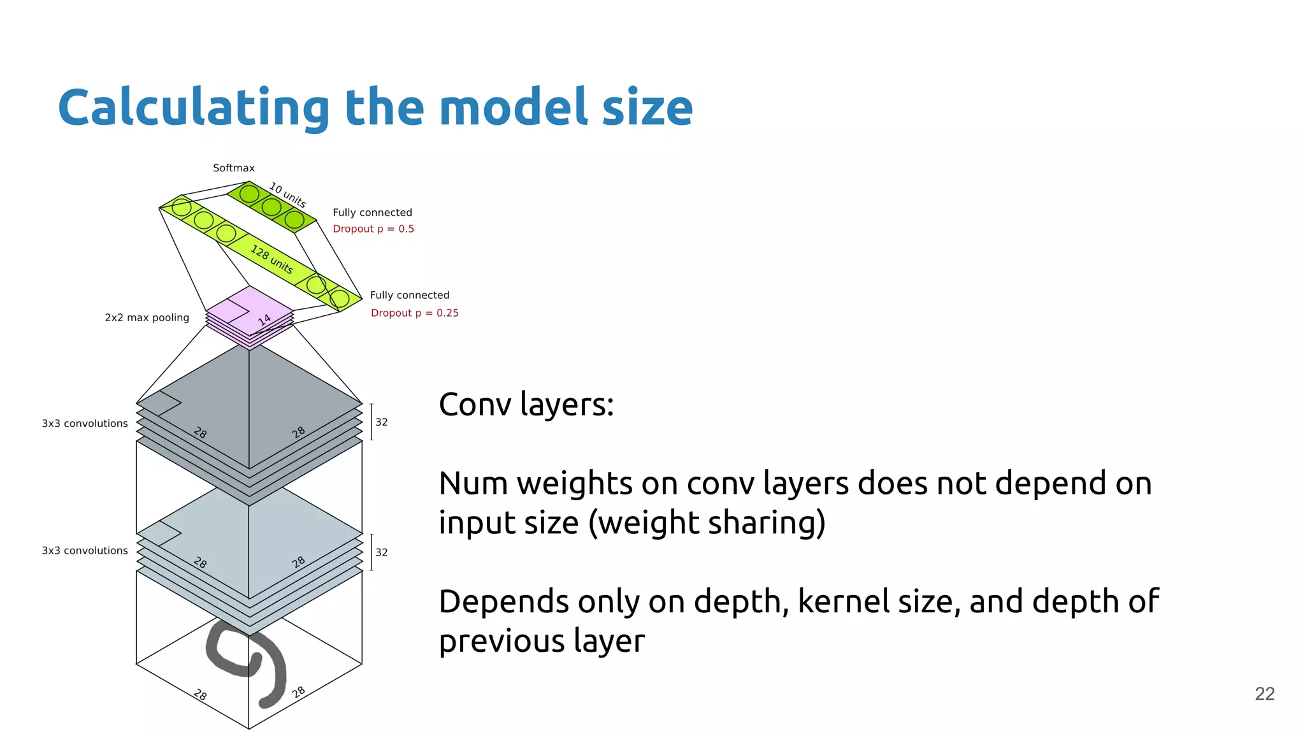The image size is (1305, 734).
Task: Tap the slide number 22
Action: pyautogui.click(x=1264, y=694)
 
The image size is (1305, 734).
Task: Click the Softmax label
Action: pyautogui.click(x=233, y=168)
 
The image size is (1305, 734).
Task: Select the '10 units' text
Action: pyautogui.click(x=287, y=195)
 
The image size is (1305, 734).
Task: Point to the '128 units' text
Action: pyautogui.click(x=272, y=259)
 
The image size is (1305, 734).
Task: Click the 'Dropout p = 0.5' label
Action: pyautogui.click(x=373, y=229)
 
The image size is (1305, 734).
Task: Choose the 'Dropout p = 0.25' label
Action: pyautogui.click(x=414, y=313)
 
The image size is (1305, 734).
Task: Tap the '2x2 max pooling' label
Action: pyautogui.click(x=147, y=317)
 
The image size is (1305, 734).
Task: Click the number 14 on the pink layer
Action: pyautogui.click(x=264, y=319)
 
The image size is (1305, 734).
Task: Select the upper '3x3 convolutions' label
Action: pyautogui.click(x=85, y=424)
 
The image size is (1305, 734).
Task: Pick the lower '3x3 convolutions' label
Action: pyautogui.click(x=85, y=550)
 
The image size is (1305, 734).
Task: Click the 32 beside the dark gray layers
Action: pyautogui.click(x=381, y=422)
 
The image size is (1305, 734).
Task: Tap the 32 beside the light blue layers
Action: pyautogui.click(x=381, y=552)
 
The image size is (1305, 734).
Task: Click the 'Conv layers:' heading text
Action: pyautogui.click(x=526, y=405)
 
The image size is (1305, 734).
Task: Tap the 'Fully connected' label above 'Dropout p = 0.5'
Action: pyautogui.click(x=372, y=213)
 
